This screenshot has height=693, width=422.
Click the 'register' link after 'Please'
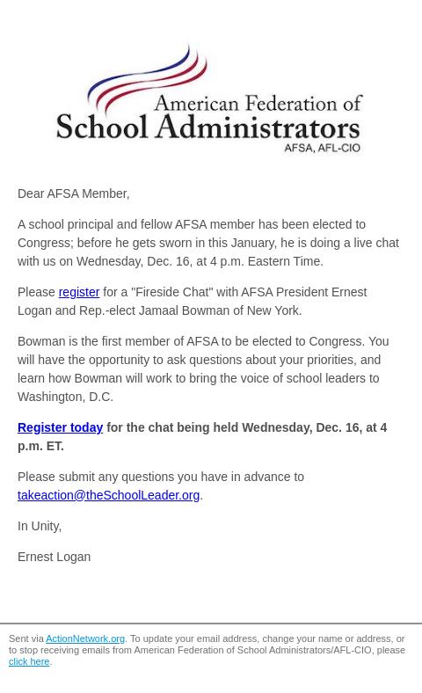click(x=78, y=292)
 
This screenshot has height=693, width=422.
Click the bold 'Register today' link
click(x=60, y=427)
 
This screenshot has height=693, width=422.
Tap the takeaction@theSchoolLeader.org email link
click(x=108, y=495)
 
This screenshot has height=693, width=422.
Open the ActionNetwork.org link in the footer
click(x=85, y=639)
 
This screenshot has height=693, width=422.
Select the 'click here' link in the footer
click(x=29, y=662)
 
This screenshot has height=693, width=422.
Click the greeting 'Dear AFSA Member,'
click(x=73, y=193)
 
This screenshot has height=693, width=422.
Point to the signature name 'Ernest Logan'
click(x=54, y=557)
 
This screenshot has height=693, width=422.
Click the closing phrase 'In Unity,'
click(x=40, y=526)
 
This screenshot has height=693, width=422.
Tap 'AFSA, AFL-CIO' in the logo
click(x=322, y=148)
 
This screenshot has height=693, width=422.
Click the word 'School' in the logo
click(x=102, y=127)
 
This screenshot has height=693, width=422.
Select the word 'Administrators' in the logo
click(x=258, y=127)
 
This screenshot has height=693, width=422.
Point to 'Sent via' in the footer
click(x=25, y=639)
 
